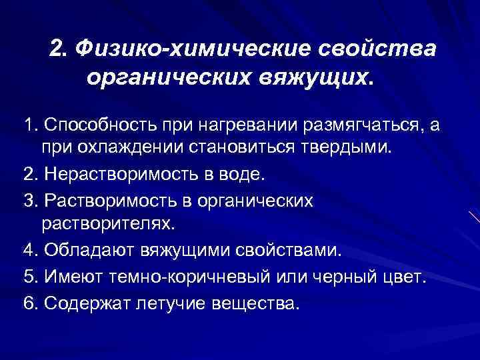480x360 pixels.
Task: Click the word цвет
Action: tap(403, 277)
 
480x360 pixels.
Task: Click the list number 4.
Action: tap(28, 250)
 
